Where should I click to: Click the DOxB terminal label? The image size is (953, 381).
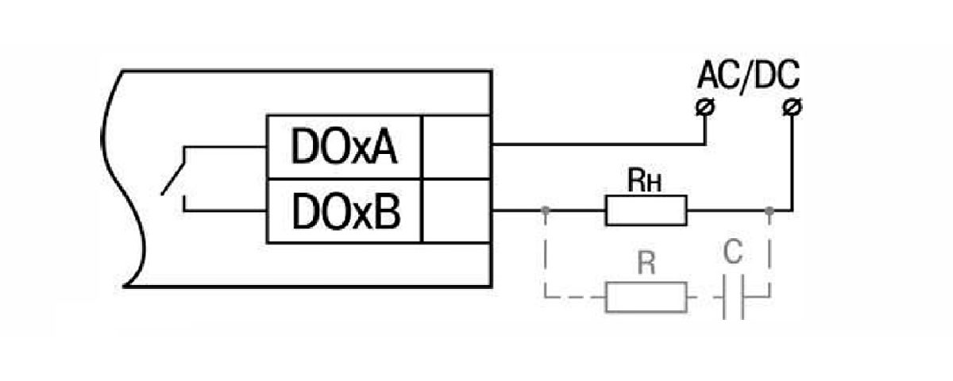(x=344, y=210)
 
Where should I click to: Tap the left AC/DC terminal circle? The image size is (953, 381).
(x=703, y=106)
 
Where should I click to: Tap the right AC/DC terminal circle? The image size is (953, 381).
(x=792, y=106)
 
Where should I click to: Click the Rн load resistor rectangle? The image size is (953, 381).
(x=646, y=210)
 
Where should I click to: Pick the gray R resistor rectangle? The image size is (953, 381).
(x=646, y=298)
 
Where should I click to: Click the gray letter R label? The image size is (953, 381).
(x=646, y=265)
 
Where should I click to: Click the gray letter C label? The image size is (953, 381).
(x=733, y=254)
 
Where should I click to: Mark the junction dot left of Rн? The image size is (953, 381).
(x=545, y=210)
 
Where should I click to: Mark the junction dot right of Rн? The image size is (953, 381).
(x=769, y=210)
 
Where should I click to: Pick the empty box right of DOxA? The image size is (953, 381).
(x=456, y=147)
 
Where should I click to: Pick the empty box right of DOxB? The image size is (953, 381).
(x=456, y=210)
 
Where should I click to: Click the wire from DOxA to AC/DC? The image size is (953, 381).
(x=596, y=144)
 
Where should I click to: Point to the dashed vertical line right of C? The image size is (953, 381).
(x=769, y=254)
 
